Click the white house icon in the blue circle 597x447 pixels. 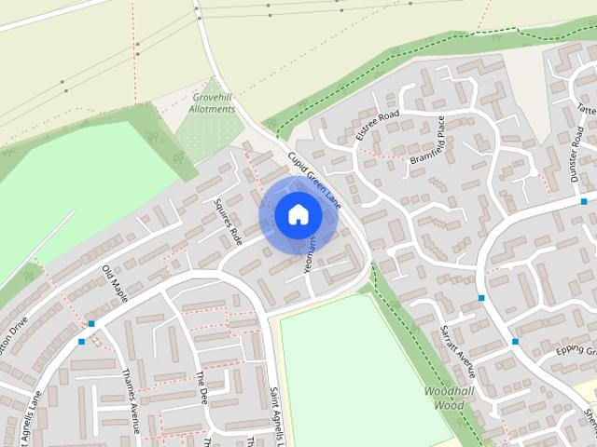pyautogui.click(x=298, y=215)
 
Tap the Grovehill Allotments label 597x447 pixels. pyautogui.click(x=212, y=102)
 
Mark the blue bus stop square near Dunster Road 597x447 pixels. pyautogui.click(x=584, y=201)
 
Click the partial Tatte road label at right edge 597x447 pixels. pyautogui.click(x=587, y=109)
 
